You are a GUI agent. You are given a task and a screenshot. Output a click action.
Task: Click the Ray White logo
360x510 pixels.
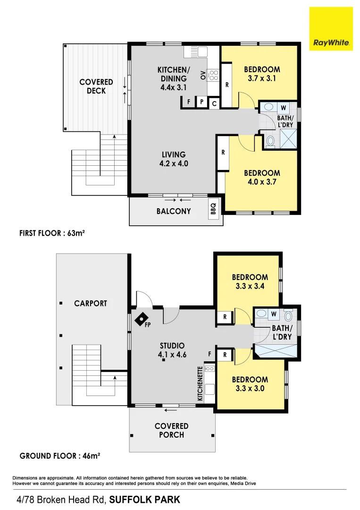pyautogui.click(x=331, y=29)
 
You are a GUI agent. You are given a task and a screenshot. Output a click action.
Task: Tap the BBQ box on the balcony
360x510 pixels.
pyautogui.click(x=213, y=208)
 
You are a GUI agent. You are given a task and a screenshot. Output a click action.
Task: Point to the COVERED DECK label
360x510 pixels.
pyautogui.click(x=96, y=86)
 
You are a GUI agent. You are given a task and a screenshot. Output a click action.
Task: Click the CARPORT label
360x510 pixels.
pyautogui.click(x=91, y=304)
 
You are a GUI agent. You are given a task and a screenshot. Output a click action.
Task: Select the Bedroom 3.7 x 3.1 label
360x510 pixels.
pyautogui.click(x=262, y=74)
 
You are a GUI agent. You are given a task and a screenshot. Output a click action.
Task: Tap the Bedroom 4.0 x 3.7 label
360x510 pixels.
pyautogui.click(x=262, y=178)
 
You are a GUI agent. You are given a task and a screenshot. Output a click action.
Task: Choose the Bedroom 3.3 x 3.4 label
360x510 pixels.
pyautogui.click(x=250, y=281)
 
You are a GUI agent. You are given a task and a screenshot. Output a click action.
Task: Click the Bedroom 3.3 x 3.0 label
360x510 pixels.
pyautogui.click(x=250, y=384)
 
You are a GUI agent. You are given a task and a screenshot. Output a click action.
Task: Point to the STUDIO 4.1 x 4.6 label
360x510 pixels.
pyautogui.click(x=172, y=350)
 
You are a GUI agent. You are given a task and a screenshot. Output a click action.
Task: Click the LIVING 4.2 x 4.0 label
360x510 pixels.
pyautogui.click(x=173, y=159)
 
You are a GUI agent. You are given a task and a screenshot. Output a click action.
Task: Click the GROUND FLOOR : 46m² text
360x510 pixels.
pyautogui.click(x=60, y=456)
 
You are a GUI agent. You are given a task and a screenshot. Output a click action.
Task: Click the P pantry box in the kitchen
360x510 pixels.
pyautogui.click(x=201, y=102)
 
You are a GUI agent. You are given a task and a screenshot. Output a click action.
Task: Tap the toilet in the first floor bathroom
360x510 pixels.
pyautogui.click(x=270, y=140)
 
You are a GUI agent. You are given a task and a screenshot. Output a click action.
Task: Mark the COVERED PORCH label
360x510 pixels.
pyautogui.click(x=171, y=430)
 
